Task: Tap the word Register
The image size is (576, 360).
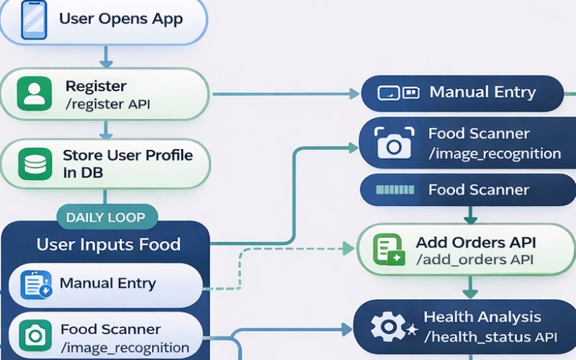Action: point(96,86)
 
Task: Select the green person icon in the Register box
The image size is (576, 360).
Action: point(34,94)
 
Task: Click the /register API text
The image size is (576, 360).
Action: point(108,104)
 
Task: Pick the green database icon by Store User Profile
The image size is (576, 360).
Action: point(34,164)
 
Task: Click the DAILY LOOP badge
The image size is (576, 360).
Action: point(106,217)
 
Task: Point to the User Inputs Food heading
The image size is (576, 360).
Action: point(109,245)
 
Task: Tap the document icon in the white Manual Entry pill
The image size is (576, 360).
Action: point(35,284)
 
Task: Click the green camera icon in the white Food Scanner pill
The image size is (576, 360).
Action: point(34,336)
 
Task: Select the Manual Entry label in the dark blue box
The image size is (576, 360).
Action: point(482,92)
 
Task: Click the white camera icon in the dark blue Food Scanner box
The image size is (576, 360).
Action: point(393,143)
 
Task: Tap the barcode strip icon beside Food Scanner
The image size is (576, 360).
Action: point(392,190)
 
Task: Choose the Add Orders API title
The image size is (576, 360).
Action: point(475,243)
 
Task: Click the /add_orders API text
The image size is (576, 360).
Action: point(475,260)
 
